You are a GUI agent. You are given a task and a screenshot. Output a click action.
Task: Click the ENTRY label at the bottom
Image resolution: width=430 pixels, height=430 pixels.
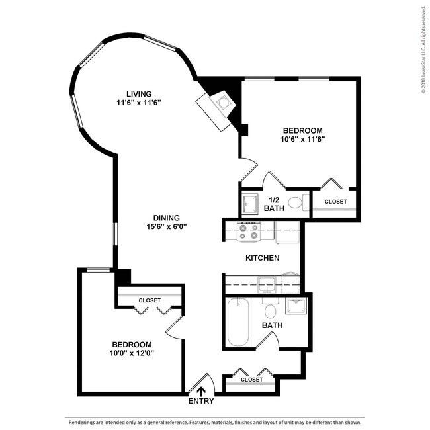point(201,401)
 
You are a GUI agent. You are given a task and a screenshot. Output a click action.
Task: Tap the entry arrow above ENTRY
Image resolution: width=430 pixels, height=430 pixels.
point(201,392)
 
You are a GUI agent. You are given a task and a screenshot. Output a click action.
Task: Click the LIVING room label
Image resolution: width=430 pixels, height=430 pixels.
point(139,94)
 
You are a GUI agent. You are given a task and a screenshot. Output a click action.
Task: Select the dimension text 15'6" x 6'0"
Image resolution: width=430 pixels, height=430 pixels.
point(167,226)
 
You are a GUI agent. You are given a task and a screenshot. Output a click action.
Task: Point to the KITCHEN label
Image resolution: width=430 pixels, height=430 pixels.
point(263,258)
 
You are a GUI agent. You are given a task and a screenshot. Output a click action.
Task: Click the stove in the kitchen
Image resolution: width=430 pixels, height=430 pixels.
point(249,231)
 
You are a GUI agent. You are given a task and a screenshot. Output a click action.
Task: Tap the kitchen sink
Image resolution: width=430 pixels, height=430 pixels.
point(267,284)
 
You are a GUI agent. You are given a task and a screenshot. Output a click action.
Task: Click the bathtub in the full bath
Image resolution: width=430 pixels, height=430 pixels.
point(239,322)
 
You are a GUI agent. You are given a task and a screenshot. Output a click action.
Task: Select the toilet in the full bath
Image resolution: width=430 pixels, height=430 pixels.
point(271,308)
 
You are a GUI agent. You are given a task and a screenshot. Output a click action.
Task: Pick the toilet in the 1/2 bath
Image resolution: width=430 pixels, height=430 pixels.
point(298,202)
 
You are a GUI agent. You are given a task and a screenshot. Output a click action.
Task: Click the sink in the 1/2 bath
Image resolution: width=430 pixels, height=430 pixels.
point(250,204)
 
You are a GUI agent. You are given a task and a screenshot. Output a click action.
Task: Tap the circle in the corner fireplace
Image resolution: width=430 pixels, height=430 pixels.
point(222,103)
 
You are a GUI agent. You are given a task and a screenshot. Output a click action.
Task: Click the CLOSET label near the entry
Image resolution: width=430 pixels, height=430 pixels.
point(252,380)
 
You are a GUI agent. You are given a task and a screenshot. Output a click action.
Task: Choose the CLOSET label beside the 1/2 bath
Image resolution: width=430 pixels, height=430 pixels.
point(335,202)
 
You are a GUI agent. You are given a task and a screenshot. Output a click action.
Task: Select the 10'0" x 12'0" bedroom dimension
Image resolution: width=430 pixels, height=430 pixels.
point(132,353)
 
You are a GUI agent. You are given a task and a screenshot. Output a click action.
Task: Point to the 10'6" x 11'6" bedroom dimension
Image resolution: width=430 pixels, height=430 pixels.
point(303,139)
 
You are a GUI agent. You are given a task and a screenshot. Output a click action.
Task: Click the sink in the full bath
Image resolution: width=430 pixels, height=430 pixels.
point(296,306)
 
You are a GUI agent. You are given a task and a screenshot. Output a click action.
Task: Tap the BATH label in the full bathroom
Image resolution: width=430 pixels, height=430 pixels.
point(272,325)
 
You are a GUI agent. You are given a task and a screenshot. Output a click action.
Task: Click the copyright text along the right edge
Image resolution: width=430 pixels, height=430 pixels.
point(424,50)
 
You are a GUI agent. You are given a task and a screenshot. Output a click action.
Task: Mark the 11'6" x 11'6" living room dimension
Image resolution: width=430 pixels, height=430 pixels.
point(139,103)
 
